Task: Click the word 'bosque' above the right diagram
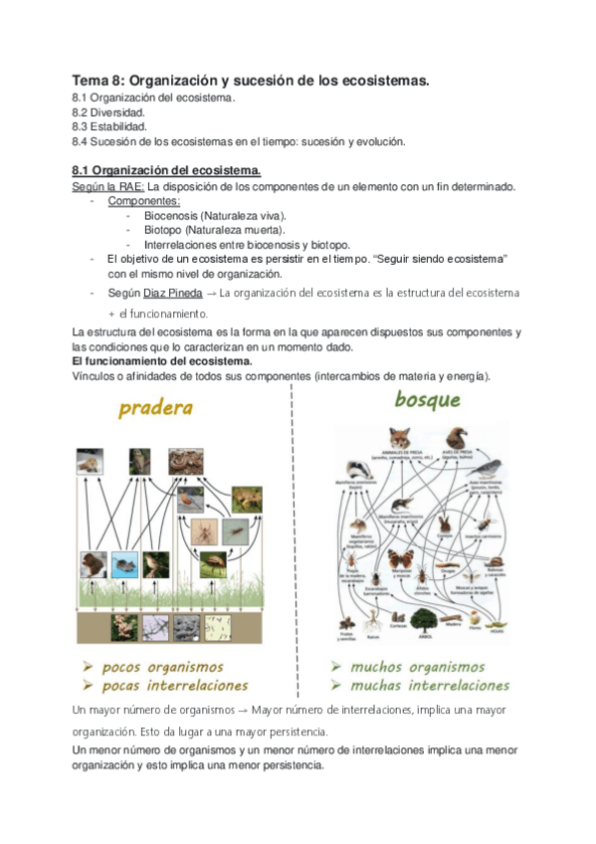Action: click(x=428, y=400)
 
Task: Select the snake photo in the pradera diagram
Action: click(x=185, y=462)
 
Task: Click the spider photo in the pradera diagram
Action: click(x=199, y=531)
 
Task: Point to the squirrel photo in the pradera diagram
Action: click(x=94, y=564)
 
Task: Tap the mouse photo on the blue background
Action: click(x=125, y=564)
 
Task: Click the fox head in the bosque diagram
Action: click(x=400, y=439)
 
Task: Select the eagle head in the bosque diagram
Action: click(x=457, y=438)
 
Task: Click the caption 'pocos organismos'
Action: click(x=162, y=667)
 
